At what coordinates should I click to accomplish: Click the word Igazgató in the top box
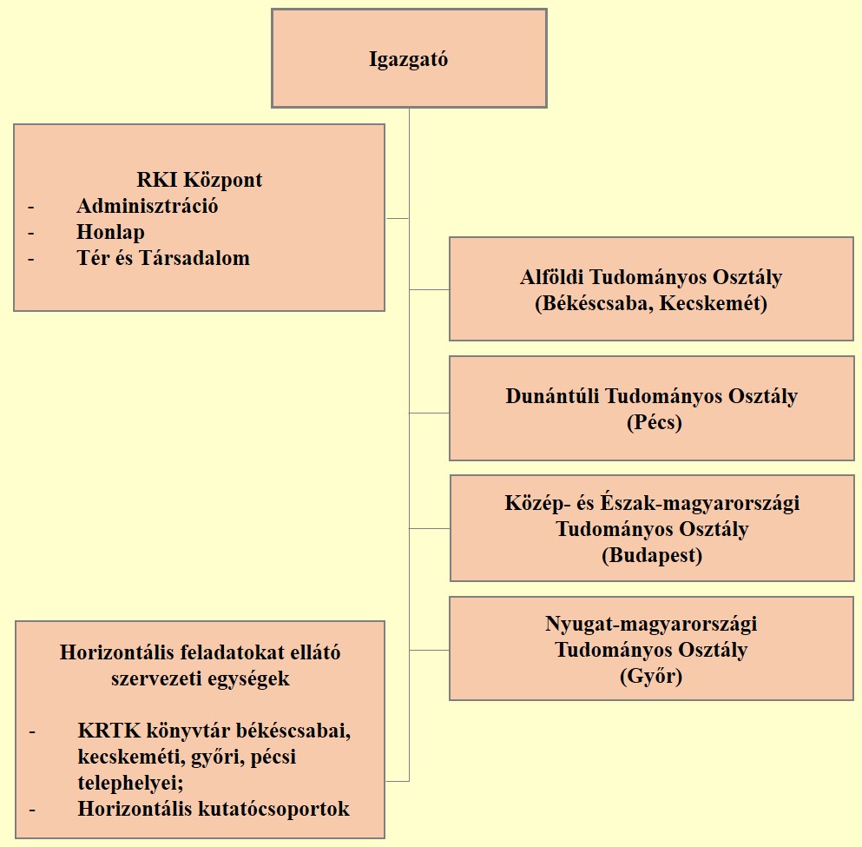click(409, 59)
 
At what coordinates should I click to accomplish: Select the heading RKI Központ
click(200, 179)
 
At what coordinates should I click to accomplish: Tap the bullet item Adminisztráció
click(148, 206)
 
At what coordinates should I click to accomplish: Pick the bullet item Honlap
click(110, 232)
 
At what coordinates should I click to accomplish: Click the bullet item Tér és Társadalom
click(163, 258)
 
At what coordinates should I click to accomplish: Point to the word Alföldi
click(551, 276)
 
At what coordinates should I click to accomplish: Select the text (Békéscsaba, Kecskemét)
click(651, 303)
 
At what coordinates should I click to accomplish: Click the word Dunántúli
click(552, 396)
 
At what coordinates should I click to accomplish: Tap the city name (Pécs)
click(655, 422)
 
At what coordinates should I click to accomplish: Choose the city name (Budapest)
click(652, 555)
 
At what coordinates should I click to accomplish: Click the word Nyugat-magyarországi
click(651, 625)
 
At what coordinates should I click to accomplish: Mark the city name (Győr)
click(651, 676)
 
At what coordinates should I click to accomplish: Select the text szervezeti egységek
click(201, 678)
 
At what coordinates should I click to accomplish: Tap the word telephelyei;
click(131, 783)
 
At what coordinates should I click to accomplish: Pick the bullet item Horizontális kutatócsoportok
click(214, 809)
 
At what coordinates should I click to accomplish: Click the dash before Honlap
click(30, 233)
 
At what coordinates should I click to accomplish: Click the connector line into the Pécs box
click(430, 413)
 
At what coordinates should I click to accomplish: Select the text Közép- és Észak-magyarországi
click(652, 503)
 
